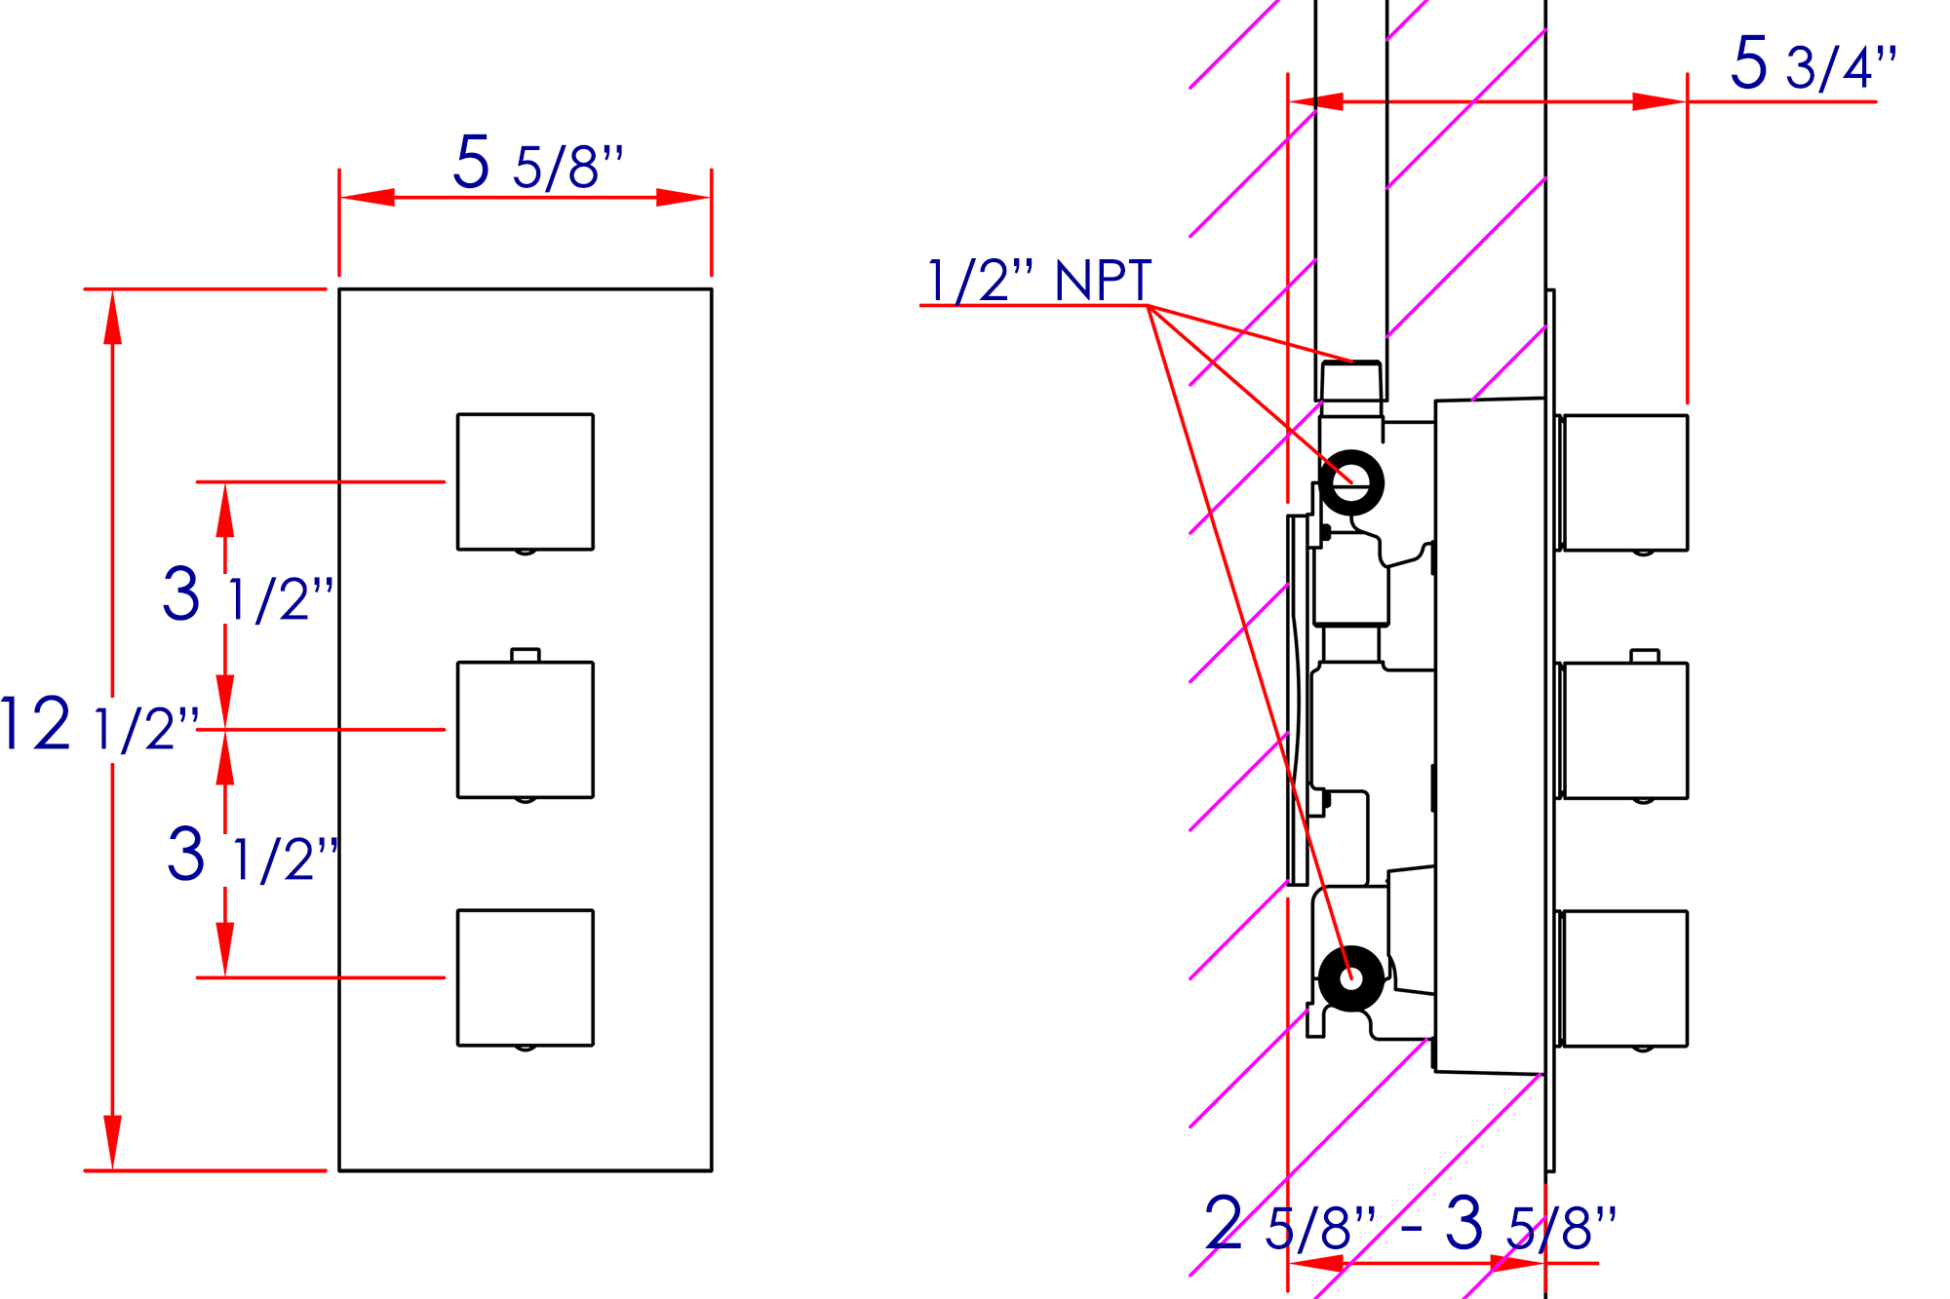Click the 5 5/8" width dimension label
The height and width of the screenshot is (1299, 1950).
coord(538,164)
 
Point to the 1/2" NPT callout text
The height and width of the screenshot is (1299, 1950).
coord(1039,282)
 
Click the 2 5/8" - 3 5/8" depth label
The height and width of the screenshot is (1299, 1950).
coord(1410,1226)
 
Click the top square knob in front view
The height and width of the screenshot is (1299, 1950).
coord(526,481)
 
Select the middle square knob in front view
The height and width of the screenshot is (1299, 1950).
coord(526,730)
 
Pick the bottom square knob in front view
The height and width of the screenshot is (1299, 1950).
coord(526,977)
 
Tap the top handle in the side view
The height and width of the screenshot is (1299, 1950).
coord(1624,482)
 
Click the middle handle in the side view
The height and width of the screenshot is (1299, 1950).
coord(1624,731)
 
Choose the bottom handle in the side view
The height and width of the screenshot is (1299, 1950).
coord(1624,978)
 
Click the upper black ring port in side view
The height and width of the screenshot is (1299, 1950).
coord(1351,482)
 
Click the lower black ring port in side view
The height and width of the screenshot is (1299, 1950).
coord(1351,978)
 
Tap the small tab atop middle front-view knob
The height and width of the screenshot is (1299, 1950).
coord(526,655)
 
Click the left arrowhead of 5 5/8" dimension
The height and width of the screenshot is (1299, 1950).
coord(368,198)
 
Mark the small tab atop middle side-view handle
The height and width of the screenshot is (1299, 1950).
coord(1645,656)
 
